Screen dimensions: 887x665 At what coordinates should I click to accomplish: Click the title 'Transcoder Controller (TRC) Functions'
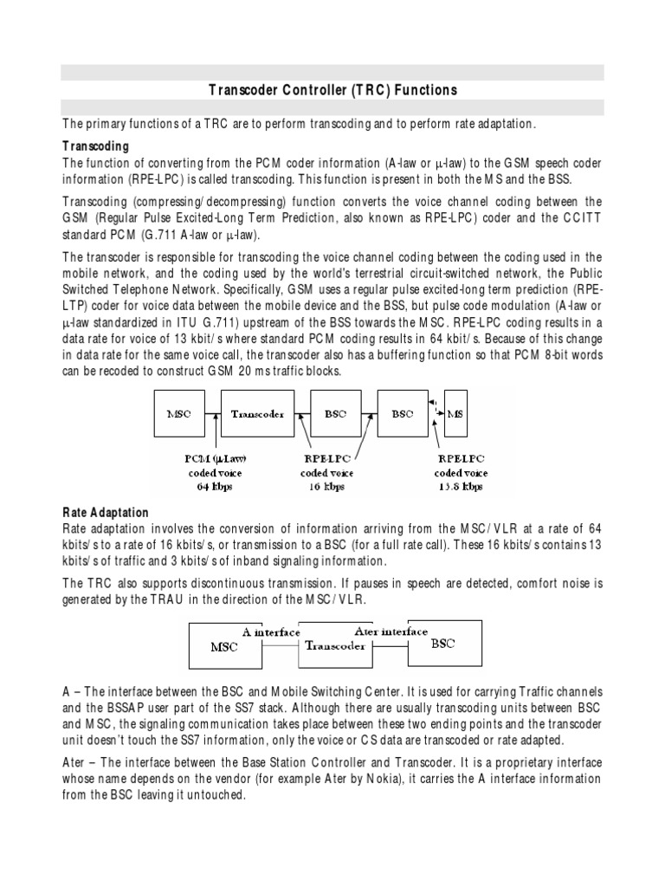(332, 90)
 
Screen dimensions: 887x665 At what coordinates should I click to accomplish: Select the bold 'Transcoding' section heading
(96, 146)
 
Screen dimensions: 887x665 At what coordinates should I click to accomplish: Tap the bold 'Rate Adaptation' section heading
(106, 513)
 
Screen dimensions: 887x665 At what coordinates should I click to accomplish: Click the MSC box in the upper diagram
(178, 414)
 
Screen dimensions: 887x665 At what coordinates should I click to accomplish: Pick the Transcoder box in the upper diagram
(257, 414)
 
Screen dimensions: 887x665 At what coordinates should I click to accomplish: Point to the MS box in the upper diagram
(456, 414)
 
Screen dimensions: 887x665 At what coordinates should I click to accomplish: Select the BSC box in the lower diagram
(442, 644)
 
